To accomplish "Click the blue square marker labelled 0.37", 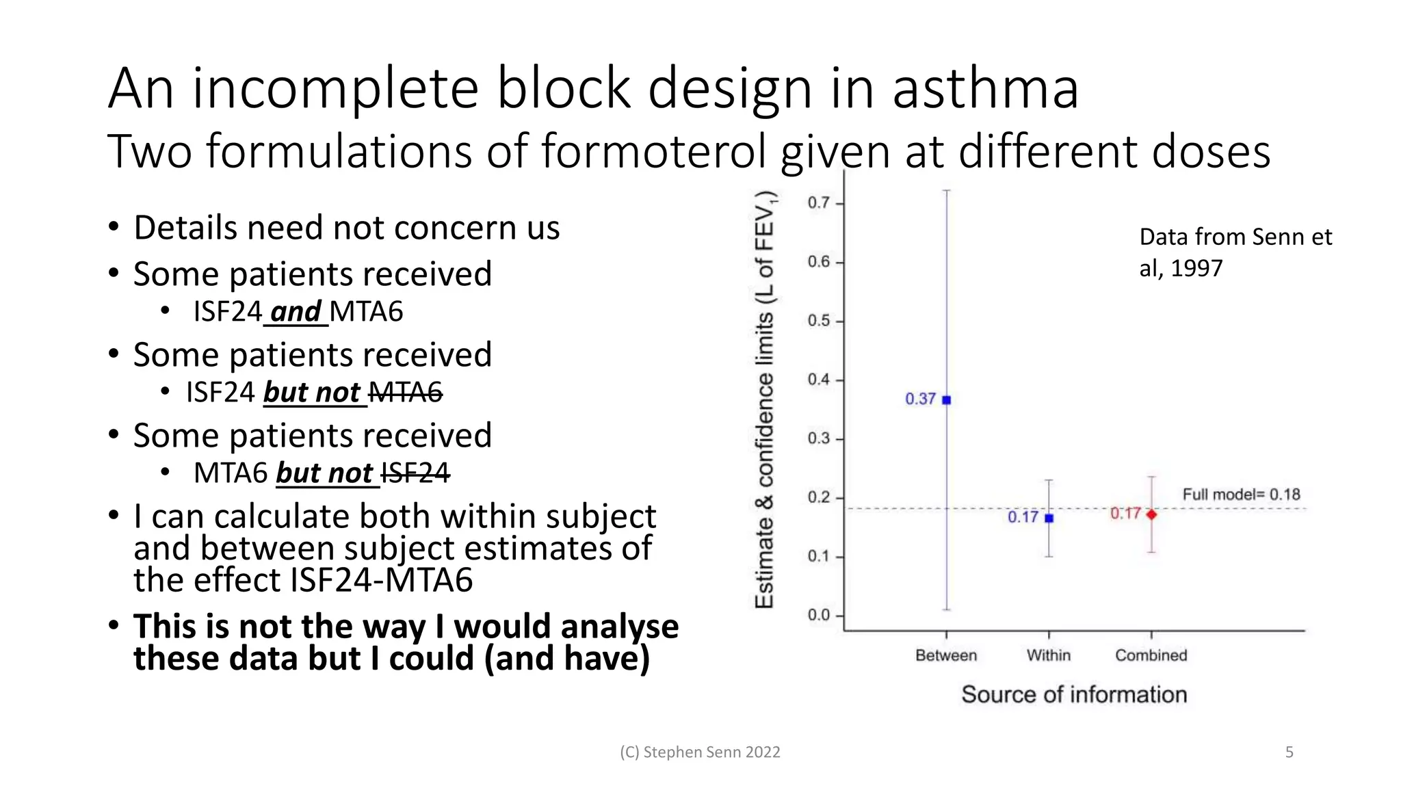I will pos(947,400).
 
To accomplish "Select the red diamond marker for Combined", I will pos(1151,514).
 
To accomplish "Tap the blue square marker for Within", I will pos(1049,518).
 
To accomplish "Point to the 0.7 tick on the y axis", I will pos(819,203).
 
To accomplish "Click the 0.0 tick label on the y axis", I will pos(819,615).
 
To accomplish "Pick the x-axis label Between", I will pos(946,655).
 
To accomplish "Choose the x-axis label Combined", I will pos(1151,655).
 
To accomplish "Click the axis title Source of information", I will pos(1073,694).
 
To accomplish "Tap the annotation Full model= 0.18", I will pos(1241,495).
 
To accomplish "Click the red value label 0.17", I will pos(1125,513).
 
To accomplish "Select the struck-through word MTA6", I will pos(405,393).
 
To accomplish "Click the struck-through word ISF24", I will pos(415,473).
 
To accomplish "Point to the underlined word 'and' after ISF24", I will pos(296,312).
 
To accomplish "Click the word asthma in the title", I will pos(985,89).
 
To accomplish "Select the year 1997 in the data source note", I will pos(1196,268).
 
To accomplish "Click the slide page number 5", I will pos(1289,752).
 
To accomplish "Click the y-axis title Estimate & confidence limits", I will pos(764,400).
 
